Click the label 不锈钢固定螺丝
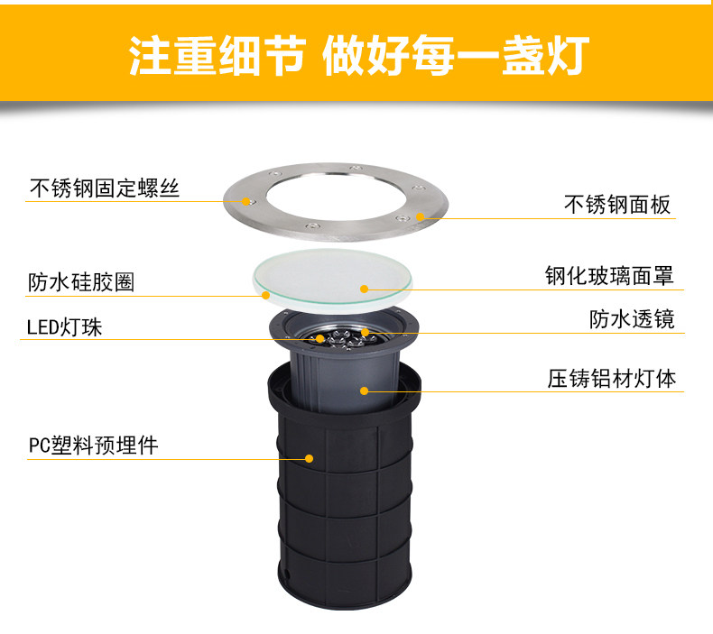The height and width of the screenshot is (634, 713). [x=105, y=188]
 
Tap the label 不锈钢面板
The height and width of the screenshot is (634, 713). [x=617, y=205]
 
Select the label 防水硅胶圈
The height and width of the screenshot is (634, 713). [x=81, y=282]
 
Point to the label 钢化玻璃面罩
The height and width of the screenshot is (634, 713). [x=609, y=276]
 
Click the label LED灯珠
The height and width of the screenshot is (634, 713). [x=65, y=327]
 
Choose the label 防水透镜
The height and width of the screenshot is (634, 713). [x=632, y=319]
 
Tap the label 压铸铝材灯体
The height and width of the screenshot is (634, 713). [x=612, y=379]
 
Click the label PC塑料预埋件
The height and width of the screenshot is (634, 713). [x=93, y=446]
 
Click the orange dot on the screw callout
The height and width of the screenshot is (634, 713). [x=247, y=201]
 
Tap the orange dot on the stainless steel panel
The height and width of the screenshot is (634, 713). [x=421, y=216]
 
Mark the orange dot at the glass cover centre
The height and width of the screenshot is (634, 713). [x=364, y=289]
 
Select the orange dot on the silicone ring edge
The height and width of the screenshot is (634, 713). [x=266, y=296]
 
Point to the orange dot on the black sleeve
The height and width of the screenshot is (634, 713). [x=310, y=458]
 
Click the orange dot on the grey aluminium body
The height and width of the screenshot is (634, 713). [x=365, y=391]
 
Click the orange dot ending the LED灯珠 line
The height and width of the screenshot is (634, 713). [x=320, y=338]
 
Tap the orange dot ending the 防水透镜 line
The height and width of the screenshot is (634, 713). [x=365, y=332]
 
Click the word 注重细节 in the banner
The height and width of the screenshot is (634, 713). [x=217, y=55]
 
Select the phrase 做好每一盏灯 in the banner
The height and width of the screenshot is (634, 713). [x=456, y=55]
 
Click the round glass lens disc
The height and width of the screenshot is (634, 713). [x=333, y=279]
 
